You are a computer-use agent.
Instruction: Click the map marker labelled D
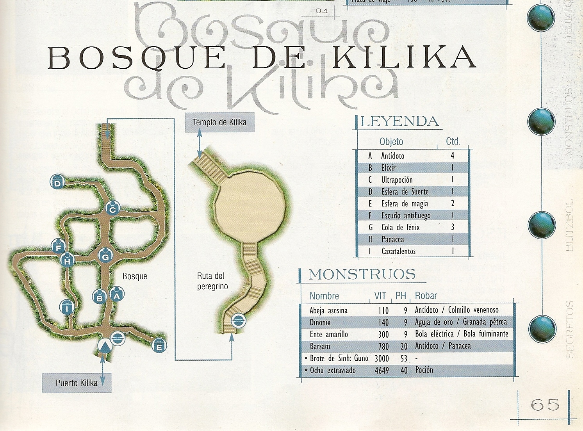tap(57, 182)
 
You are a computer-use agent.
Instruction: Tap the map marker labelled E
tap(159, 346)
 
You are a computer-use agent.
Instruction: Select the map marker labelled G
tap(105, 256)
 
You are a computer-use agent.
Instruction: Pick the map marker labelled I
tap(67, 308)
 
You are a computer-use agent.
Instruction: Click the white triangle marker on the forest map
tap(104, 346)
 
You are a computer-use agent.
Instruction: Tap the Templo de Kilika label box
tap(219, 122)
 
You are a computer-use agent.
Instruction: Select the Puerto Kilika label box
tap(77, 383)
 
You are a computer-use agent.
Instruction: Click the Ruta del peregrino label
tap(212, 281)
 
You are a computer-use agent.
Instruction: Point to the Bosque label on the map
tap(135, 276)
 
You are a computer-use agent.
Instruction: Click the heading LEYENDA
tap(399, 121)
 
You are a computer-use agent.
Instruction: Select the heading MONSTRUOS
tap(362, 274)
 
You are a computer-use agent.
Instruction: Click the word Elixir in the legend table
tap(388, 168)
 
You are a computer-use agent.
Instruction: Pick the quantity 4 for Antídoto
tap(453, 156)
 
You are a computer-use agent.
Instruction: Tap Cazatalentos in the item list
tap(398, 251)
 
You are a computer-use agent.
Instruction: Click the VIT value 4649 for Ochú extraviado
tap(382, 370)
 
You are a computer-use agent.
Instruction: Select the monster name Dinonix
tap(320, 322)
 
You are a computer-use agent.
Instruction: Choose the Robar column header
tap(426, 296)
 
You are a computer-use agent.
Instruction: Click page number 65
tap(545, 404)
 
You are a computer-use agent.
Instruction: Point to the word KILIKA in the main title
tap(405, 58)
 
